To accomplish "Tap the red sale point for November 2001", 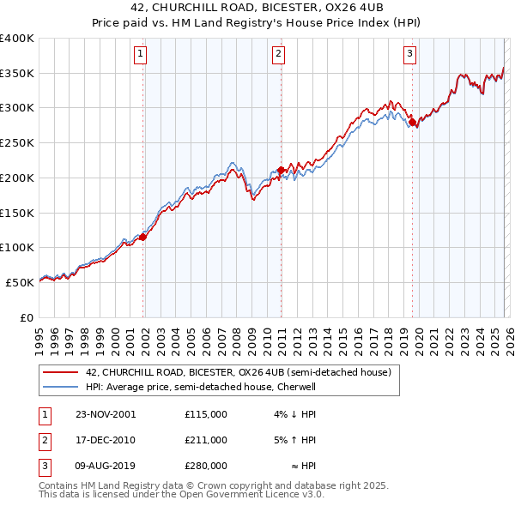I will click(x=143, y=238).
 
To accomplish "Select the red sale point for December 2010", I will click(x=282, y=171).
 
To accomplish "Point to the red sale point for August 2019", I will click(x=413, y=123).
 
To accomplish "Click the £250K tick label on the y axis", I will click(x=17, y=143).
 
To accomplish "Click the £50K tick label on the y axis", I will click(x=20, y=282).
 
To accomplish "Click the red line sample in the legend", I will click(x=60, y=373).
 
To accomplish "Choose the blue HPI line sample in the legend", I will click(x=60, y=387).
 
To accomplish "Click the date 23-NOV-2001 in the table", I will click(x=106, y=414).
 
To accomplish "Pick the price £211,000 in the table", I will click(x=205, y=440).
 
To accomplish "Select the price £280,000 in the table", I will click(x=205, y=466).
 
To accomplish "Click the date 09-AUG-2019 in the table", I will click(x=106, y=466).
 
